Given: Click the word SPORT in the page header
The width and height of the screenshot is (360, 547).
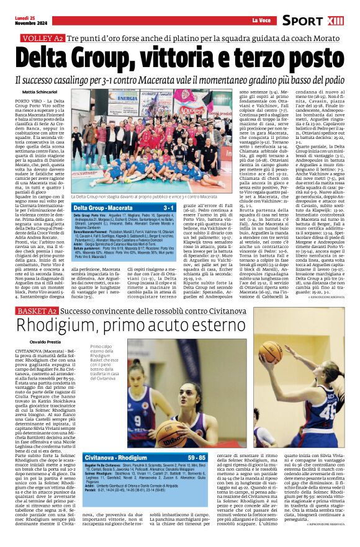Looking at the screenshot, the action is coord(302,20).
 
